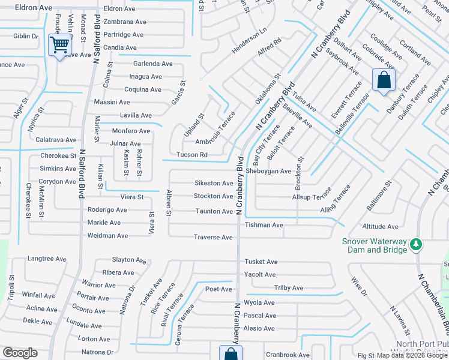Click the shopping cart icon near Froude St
pyautogui.click(x=59, y=45)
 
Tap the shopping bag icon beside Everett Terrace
pyautogui.click(x=383, y=80)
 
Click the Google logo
pyautogui.click(x=19, y=353)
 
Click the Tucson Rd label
pyautogui.click(x=191, y=155)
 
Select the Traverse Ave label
pyautogui.click(x=212, y=238)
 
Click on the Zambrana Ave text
pyautogui.click(x=124, y=22)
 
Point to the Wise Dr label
pyautogui.click(x=359, y=287)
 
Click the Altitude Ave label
pyautogui.click(x=380, y=227)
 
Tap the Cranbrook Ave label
pyautogui.click(x=288, y=355)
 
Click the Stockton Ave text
pyautogui.click(x=213, y=196)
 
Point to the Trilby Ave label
pyautogui.click(x=289, y=288)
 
